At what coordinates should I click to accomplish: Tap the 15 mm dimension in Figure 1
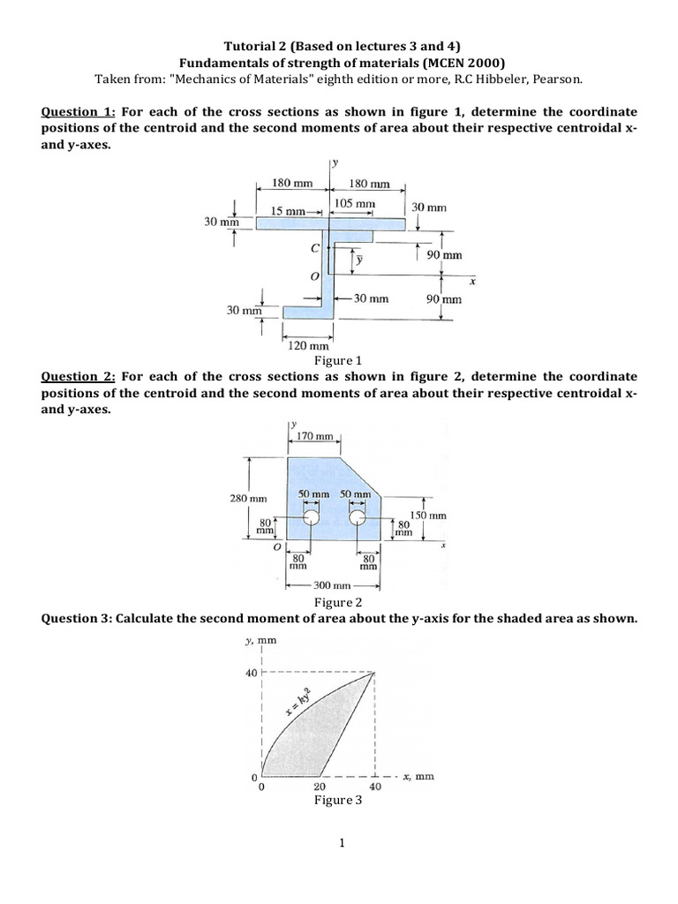click(x=288, y=211)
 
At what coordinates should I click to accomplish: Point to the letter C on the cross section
click(x=314, y=249)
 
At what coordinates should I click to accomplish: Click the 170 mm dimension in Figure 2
click(x=315, y=436)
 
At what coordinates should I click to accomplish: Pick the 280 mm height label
click(x=248, y=498)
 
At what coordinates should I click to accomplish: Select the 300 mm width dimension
click(x=334, y=585)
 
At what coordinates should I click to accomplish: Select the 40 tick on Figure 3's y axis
click(x=250, y=673)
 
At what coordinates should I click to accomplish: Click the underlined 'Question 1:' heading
click(x=78, y=112)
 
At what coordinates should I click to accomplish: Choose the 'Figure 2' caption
click(x=339, y=603)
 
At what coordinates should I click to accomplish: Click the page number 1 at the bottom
click(x=340, y=843)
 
